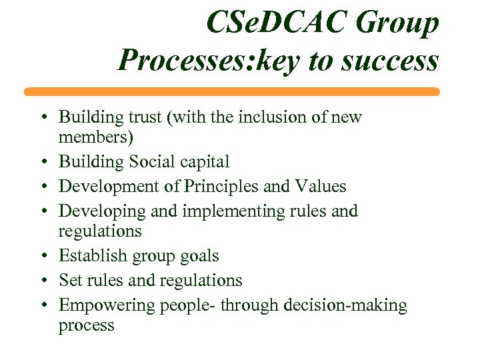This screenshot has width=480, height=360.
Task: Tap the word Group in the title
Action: (x=398, y=23)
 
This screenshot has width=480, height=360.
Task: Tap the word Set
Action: (x=71, y=280)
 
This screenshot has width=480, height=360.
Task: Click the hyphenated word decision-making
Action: (x=350, y=305)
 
